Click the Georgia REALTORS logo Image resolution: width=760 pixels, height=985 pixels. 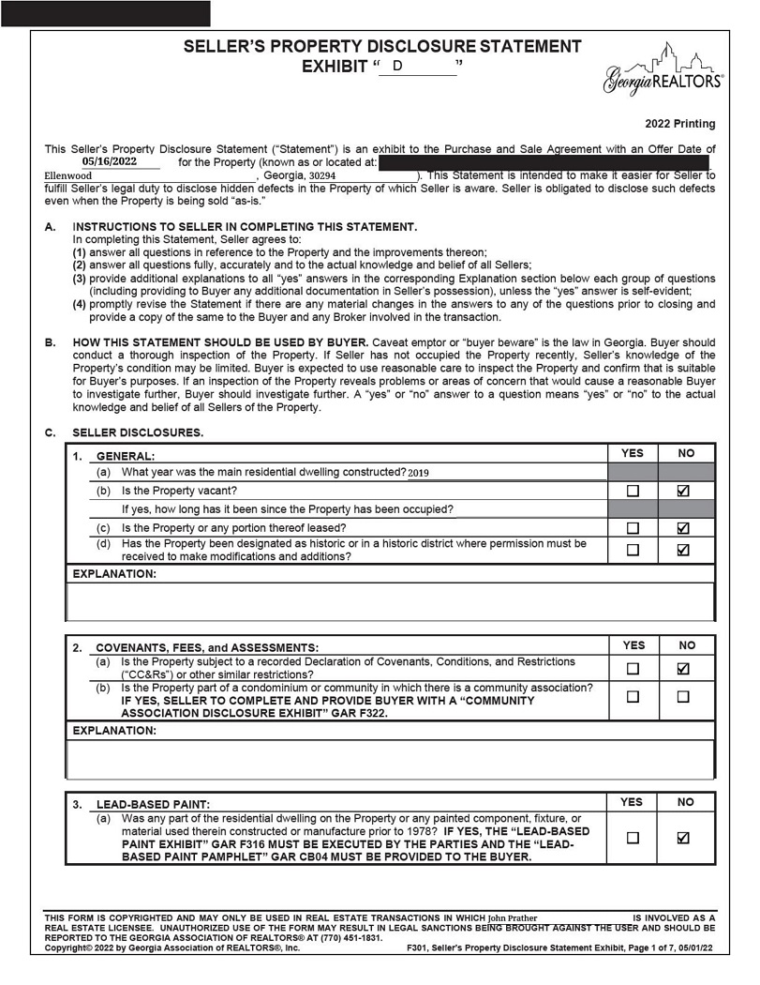[x=663, y=71]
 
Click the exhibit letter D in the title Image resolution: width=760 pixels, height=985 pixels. [x=397, y=66]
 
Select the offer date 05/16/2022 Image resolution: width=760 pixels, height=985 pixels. [x=110, y=161]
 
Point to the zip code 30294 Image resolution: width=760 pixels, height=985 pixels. [x=322, y=175]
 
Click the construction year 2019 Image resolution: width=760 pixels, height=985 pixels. [x=418, y=473]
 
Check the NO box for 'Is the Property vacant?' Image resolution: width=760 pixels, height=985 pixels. [x=683, y=491]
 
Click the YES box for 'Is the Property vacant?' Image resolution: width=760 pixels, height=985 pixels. [x=633, y=491]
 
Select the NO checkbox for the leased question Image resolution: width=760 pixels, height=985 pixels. [x=683, y=528]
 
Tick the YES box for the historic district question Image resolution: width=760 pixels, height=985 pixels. [x=633, y=551]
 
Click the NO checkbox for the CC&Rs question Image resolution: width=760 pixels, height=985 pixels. [x=683, y=669]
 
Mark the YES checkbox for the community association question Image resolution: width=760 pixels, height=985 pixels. [x=633, y=697]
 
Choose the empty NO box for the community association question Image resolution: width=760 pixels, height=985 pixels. [x=683, y=697]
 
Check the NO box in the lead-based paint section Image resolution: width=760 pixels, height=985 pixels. [x=683, y=838]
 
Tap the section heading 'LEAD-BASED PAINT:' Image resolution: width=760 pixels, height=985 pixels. [x=153, y=804]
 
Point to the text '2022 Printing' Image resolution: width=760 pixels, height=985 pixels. [x=679, y=124]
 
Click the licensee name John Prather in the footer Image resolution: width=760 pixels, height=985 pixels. [x=513, y=918]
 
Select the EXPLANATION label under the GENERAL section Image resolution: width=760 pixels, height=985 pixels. [x=114, y=573]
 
